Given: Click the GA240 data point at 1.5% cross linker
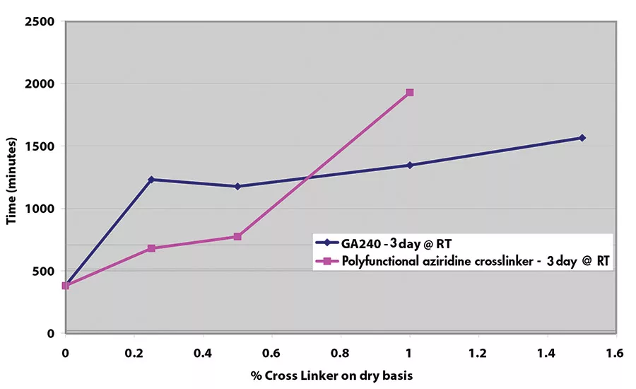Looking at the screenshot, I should (x=582, y=138).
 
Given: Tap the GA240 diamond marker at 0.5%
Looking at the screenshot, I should (x=237, y=187).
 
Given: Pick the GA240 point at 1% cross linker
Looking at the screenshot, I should (x=410, y=166).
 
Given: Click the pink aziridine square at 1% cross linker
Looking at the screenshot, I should (x=410, y=93).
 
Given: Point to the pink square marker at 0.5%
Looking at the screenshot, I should (x=237, y=237).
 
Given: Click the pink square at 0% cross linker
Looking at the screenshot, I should (x=66, y=286).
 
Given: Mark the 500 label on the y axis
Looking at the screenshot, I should (x=44, y=272).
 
